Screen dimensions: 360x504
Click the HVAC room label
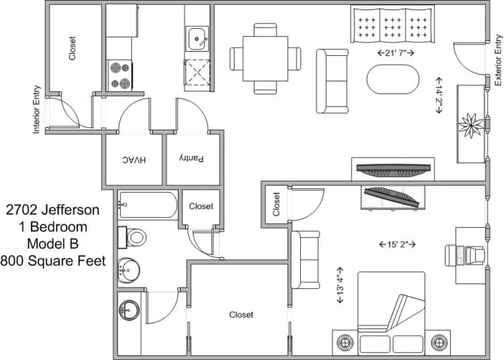134,160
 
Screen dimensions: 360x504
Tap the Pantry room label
191,159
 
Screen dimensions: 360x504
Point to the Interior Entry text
38,109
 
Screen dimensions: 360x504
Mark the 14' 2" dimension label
439,94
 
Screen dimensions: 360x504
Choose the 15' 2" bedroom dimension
393,244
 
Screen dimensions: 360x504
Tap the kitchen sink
198,39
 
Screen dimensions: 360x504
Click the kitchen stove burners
120,75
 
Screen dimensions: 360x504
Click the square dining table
265,58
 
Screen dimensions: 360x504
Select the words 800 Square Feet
53,261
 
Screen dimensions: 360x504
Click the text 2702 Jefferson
53,210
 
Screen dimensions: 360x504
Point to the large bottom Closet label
241,314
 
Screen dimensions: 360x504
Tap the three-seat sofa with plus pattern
392,26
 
